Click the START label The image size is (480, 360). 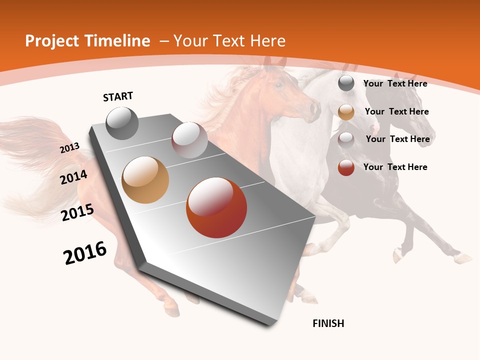tap(118, 96)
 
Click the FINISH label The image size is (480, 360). tap(328, 323)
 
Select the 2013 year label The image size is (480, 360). tap(69, 147)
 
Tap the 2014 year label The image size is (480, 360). tap(73, 177)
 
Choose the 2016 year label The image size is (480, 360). tap(85, 253)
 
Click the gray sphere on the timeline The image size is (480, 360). tap(122, 123)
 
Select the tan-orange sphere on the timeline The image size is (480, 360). tap(145, 179)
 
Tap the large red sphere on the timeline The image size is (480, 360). tap(216, 207)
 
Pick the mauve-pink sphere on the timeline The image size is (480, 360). tap(189, 139)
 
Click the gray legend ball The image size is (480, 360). tap(346, 83)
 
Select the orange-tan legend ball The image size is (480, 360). tap(346, 111)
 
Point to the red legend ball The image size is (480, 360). tap(346, 167)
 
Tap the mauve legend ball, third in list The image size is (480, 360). tap(346, 139)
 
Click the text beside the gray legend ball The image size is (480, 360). tap(395, 83)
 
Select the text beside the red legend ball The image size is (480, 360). tap(395, 167)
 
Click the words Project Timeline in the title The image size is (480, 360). tap(87, 41)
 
